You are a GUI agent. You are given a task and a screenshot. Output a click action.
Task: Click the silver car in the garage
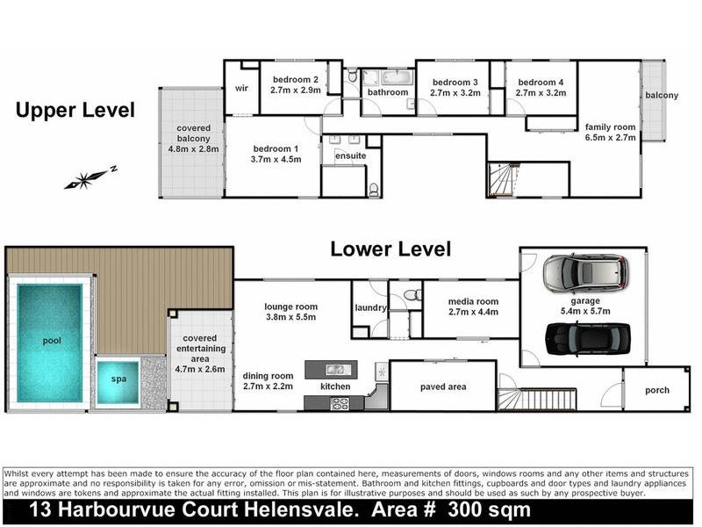[585, 273]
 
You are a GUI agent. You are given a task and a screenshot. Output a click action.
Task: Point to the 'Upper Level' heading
[76, 111]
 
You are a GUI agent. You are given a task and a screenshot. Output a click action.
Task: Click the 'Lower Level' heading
[390, 249]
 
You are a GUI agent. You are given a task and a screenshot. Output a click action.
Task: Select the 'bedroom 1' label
[276, 154]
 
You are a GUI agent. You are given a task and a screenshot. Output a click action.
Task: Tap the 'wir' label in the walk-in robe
[241, 88]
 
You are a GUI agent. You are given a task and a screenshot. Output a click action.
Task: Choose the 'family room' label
[611, 132]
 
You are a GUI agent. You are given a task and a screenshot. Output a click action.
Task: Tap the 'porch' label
[656, 390]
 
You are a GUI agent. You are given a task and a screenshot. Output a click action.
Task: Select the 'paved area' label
[445, 386]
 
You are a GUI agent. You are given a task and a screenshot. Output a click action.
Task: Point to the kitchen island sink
[333, 370]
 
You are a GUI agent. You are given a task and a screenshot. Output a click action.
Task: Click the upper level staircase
[505, 182]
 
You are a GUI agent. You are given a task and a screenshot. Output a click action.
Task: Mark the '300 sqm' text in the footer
[489, 510]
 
